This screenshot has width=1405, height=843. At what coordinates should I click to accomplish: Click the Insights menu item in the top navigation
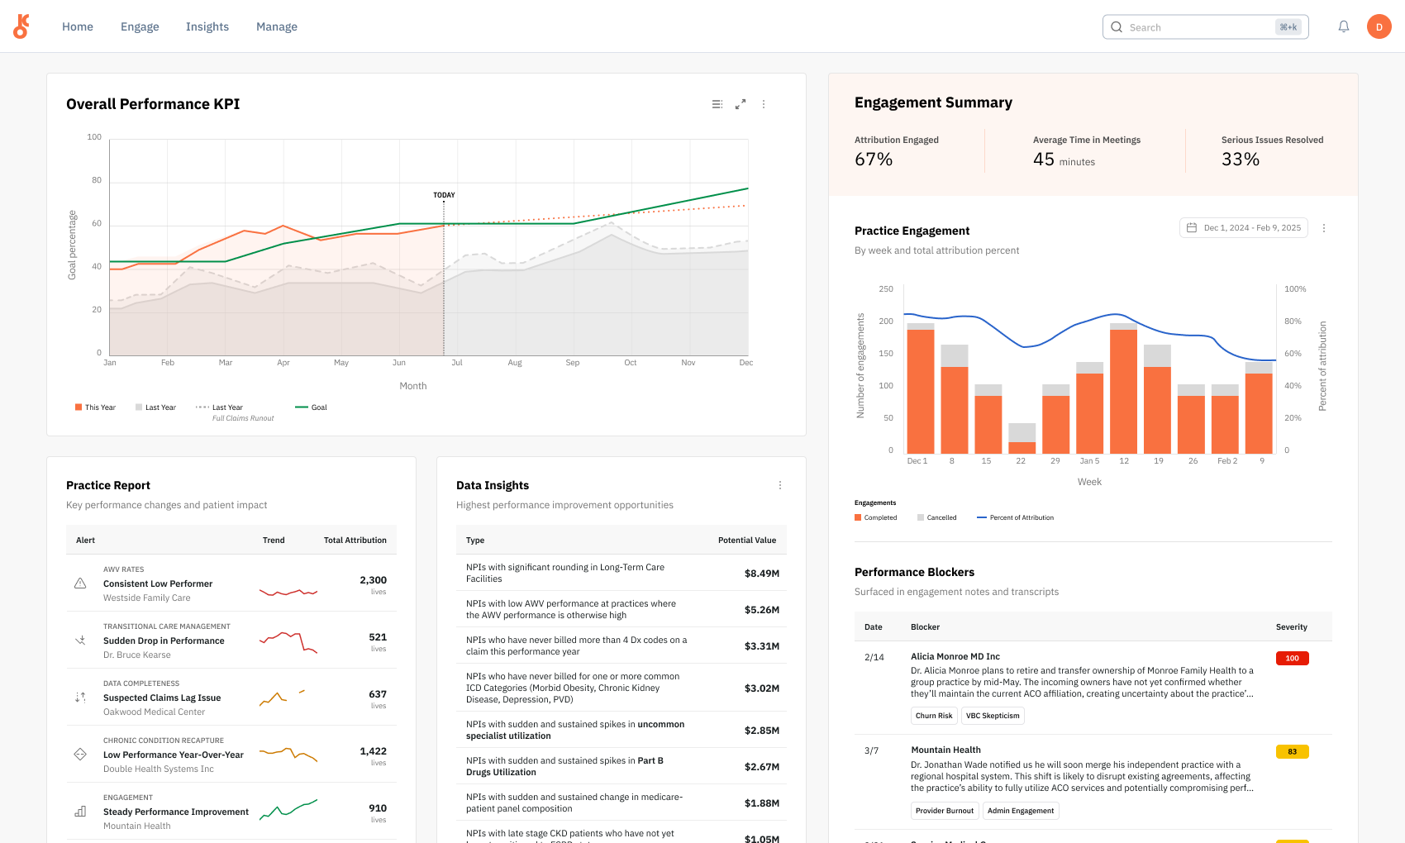tap(207, 26)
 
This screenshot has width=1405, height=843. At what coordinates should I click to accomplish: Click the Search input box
tap(1190, 26)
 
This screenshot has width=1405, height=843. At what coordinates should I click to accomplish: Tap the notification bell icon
tap(1344, 26)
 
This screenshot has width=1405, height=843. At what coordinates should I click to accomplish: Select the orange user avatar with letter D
tap(1379, 26)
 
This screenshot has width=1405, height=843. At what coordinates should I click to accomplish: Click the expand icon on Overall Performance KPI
tap(741, 104)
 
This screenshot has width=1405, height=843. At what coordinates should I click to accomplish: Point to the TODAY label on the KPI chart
tap(444, 195)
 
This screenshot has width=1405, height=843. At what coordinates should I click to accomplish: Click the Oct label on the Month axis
tap(630, 363)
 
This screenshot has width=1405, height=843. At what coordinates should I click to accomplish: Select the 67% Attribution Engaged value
tap(874, 160)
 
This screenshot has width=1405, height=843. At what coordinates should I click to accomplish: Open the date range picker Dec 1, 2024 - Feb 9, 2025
tap(1243, 228)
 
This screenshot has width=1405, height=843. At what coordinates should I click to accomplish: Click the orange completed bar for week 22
tap(1022, 447)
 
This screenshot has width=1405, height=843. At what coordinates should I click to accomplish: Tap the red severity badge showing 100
tap(1292, 659)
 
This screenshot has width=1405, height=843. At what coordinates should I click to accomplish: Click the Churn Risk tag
tap(934, 716)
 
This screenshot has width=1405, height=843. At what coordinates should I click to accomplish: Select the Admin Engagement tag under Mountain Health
tap(1020, 811)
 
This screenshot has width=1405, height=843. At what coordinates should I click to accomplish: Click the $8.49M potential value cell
tap(761, 574)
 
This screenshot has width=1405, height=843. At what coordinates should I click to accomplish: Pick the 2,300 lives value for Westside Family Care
tap(373, 580)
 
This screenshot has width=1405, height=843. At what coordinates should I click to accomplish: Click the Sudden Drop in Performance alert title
tap(164, 641)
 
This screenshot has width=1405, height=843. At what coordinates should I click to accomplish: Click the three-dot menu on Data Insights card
tap(779, 485)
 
